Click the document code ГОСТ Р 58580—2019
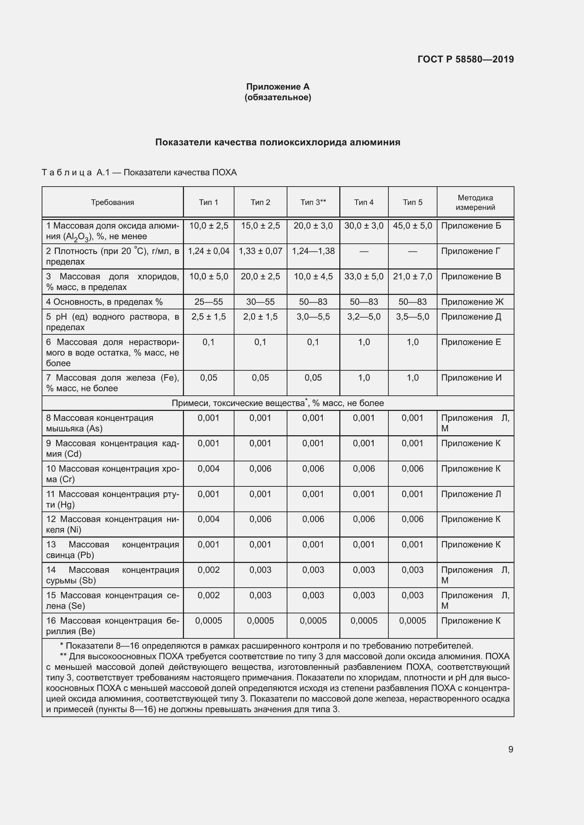[465, 59]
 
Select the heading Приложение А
[278, 87]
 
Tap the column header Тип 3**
[313, 202]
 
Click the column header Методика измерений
[475, 202]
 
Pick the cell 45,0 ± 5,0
[412, 226]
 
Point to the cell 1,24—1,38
[313, 251]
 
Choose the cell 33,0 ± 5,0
[364, 276]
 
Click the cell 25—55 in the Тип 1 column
[209, 302]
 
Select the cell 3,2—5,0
[364, 316]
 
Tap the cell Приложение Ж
[472, 302]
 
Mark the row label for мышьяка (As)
[100, 423]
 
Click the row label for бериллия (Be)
[112, 626]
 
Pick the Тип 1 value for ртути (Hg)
[209, 494]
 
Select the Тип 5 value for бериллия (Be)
[412, 620]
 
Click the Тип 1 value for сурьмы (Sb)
[209, 570]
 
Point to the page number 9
[511, 749]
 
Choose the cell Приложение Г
[470, 251]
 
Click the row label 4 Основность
[104, 302]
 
